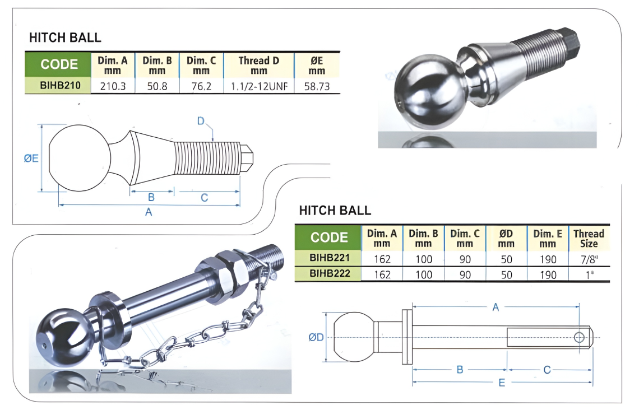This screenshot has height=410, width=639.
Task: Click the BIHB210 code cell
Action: point(60,86)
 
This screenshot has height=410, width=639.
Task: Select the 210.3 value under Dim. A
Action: point(113,86)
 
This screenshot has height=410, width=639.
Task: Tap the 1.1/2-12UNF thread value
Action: point(259,86)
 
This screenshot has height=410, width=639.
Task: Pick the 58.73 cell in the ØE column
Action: point(317,86)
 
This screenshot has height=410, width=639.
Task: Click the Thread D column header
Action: point(259,65)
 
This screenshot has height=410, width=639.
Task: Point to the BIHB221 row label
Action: point(329,258)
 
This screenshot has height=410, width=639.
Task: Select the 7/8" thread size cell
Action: point(589,259)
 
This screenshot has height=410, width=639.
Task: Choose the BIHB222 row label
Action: point(329,273)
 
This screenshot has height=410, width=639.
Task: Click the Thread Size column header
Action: point(589,238)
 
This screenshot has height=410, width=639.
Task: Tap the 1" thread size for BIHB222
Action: point(589,275)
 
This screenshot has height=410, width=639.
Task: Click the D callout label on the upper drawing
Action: point(201,121)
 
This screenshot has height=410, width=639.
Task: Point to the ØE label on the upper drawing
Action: point(31,159)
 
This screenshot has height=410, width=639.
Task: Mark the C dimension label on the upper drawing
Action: point(204,198)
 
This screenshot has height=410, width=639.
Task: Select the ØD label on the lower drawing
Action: point(316,337)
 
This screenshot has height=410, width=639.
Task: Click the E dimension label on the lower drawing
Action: point(502,383)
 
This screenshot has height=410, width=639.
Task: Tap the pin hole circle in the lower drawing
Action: point(579,337)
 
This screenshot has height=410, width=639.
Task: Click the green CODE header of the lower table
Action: point(328,237)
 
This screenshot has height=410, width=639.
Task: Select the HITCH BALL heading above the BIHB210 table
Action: point(65,38)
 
